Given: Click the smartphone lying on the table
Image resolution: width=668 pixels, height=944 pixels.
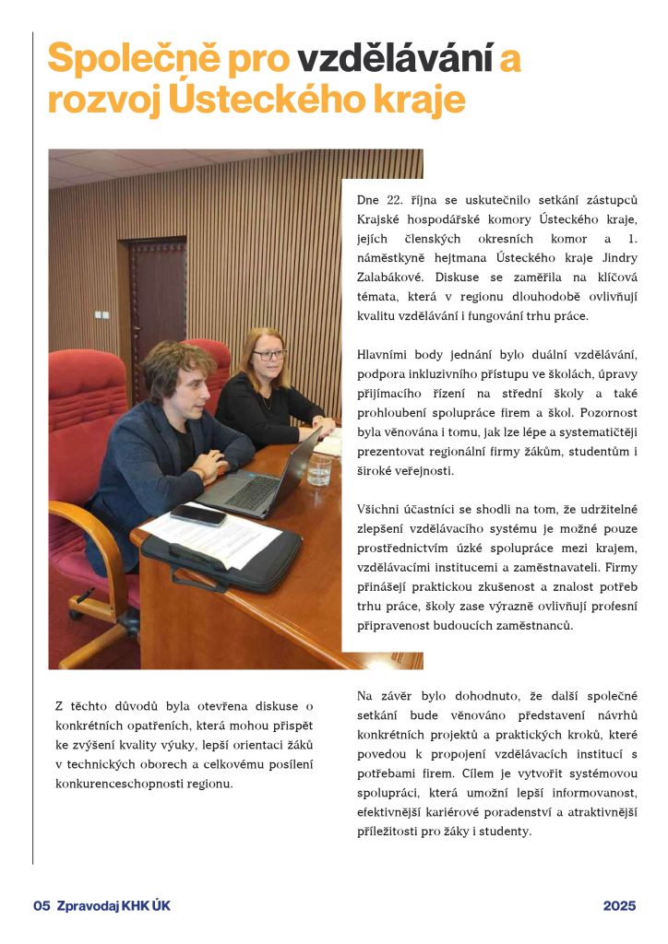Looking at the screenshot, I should (197, 515).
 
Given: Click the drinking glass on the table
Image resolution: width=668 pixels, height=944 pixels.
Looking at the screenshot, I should (319, 470).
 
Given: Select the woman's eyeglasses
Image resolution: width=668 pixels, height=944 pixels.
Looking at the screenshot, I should (270, 354).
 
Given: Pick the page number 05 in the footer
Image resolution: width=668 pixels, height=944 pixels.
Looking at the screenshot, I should (41, 906).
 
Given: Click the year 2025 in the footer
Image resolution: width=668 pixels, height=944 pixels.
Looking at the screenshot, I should (620, 906).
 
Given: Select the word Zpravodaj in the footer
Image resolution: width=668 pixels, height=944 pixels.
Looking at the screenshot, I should (89, 906).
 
